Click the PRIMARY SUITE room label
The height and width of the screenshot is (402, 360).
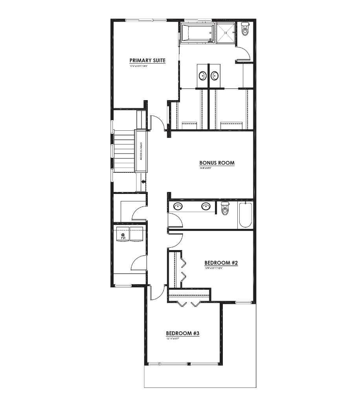147,60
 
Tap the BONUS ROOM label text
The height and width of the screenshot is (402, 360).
217,163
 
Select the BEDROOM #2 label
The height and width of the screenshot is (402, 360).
221,263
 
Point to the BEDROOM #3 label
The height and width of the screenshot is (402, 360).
183,333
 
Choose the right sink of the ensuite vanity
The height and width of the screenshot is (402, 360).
215,75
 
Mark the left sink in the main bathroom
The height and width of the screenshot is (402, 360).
178,206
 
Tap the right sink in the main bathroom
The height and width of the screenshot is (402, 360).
206,206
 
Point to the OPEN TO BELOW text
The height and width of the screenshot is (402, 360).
141,151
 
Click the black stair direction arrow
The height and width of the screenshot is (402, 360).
143,182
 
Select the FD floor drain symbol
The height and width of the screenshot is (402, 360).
123,236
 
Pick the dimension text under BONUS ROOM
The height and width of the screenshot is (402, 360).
205,168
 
